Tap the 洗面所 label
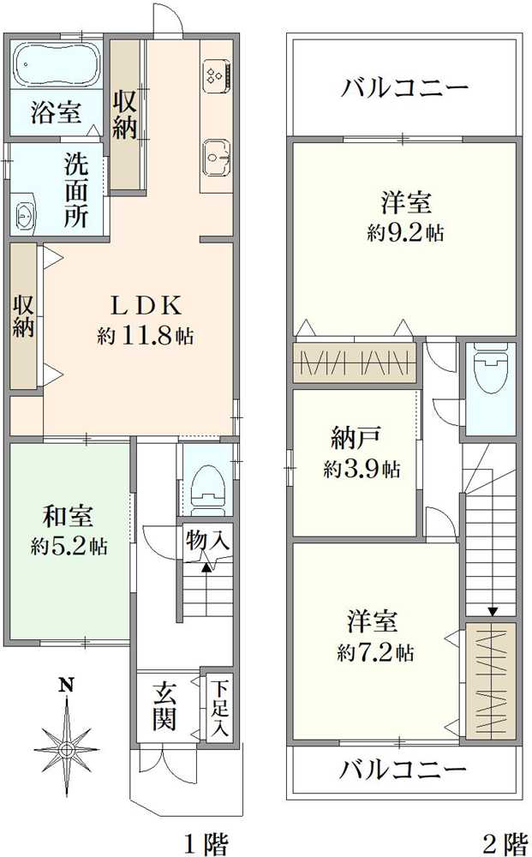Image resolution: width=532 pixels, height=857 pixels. [x=76, y=189]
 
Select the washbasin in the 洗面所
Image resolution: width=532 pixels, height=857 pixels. [x=23, y=213]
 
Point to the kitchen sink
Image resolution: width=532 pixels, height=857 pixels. [x=218, y=158]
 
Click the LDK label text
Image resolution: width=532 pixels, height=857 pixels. [x=146, y=306]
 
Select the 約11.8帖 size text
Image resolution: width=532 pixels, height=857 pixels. [x=146, y=335]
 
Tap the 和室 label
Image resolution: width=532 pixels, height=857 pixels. [x=69, y=516]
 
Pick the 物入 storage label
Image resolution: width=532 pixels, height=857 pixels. [x=207, y=541]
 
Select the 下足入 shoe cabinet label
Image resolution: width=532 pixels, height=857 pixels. [x=220, y=708]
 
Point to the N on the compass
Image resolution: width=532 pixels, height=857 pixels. [x=67, y=684]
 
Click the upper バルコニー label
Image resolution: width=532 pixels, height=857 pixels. [x=404, y=87]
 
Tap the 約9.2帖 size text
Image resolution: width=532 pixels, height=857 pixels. [x=406, y=233]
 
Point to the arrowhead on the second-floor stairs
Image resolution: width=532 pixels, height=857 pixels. [x=493, y=611]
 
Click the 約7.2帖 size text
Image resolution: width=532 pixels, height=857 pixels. [x=376, y=652]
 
